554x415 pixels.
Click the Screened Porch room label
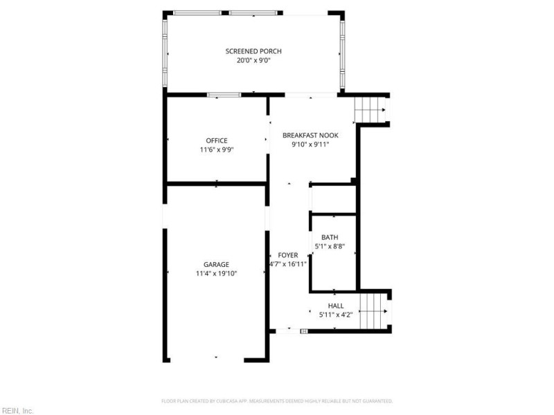pyautogui.click(x=253, y=51)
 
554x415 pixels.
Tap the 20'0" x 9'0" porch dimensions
pyautogui.click(x=253, y=60)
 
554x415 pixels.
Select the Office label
pyautogui.click(x=216, y=140)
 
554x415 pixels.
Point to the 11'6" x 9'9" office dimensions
pyautogui.click(x=216, y=149)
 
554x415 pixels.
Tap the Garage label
pyautogui.click(x=216, y=264)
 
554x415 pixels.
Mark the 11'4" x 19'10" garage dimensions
pyautogui.click(x=216, y=273)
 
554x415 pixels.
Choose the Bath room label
pyautogui.click(x=330, y=237)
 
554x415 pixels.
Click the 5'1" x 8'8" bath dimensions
pyautogui.click(x=330, y=246)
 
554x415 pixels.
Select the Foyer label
pyautogui.click(x=288, y=255)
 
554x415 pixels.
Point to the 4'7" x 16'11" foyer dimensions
pyautogui.click(x=288, y=264)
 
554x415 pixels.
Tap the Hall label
pyautogui.click(x=335, y=306)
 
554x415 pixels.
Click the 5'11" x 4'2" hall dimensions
pyautogui.click(x=335, y=315)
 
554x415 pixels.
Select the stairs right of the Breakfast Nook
pyautogui.click(x=370, y=109)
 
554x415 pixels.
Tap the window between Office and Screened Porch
pyautogui.click(x=224, y=95)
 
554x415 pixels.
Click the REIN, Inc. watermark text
pyautogui.click(x=17, y=411)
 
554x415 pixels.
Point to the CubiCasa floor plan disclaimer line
pyautogui.click(x=277, y=401)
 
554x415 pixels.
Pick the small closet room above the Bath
pyautogui.click(x=332, y=199)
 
